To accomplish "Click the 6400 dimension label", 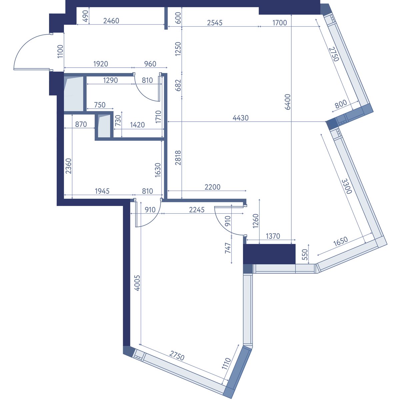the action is pos(287,102).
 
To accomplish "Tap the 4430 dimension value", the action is pos(241,118).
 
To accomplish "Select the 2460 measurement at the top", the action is pos(111,21).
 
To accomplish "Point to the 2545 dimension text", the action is pos(215,23).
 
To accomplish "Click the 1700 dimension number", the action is pos(280,23).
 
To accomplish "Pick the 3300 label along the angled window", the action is pos(347,186).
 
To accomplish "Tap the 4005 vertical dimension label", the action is pos(137,283).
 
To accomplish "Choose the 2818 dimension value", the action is pos(178,158).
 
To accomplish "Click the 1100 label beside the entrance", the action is pos(60,51).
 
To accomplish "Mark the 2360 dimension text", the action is pos(68,166).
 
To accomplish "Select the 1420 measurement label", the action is pos(137,125).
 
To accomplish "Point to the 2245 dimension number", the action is pos(197,210).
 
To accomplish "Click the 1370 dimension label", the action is pos(273,236).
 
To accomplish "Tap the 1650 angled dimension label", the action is pos(340,241).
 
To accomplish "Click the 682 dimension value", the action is pos(178,85).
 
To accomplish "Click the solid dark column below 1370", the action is pos(269,254).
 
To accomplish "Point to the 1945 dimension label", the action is pos(102,191).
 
